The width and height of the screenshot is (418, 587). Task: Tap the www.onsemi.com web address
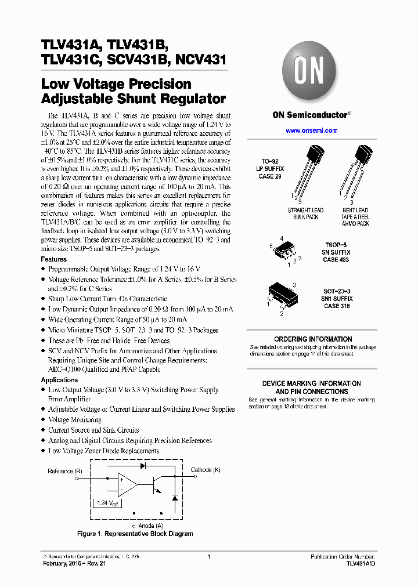tap(312, 131)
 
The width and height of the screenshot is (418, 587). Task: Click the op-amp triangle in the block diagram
tap(127, 481)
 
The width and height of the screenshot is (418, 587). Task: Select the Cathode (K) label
tap(206, 470)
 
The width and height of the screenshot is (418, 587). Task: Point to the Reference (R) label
tap(65, 471)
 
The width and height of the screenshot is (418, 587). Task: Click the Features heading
tap(53, 259)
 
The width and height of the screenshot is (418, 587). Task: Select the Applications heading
tap(59, 380)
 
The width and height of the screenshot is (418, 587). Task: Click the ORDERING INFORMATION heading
tap(313, 339)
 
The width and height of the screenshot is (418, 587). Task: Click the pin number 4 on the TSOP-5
tap(282, 238)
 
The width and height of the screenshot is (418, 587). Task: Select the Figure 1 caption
tap(135, 534)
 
